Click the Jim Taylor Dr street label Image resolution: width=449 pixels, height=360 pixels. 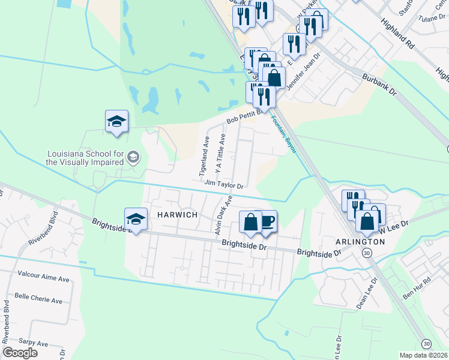pos(224,185)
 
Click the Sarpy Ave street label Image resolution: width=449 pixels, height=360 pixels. pos(33,343)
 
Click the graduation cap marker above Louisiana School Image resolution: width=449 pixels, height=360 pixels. pos(116,122)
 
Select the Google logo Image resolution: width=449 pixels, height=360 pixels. pos(20,353)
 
